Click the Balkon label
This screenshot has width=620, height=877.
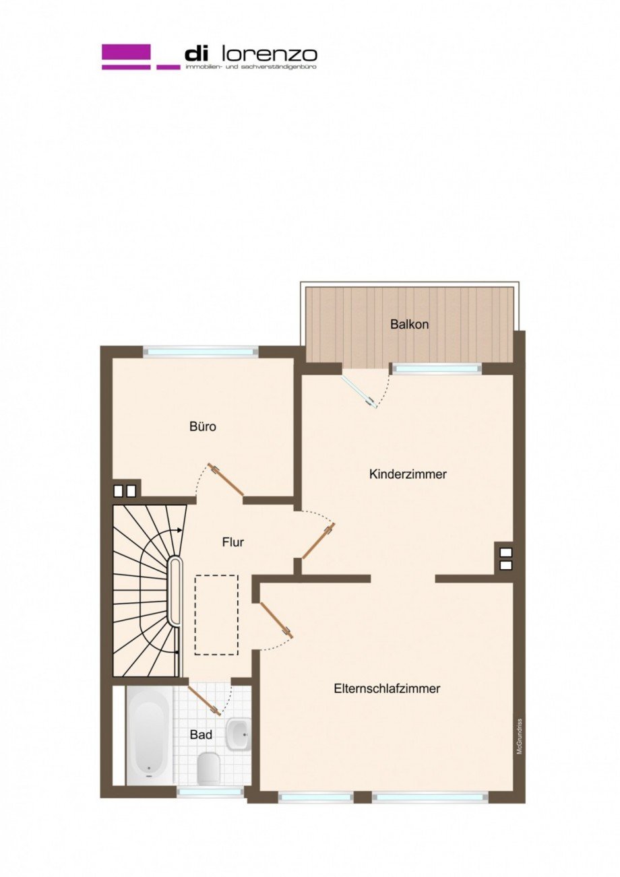pyautogui.click(x=409, y=324)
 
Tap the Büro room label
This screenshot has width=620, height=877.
pyautogui.click(x=202, y=426)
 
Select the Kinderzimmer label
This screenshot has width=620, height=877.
pyautogui.click(x=408, y=474)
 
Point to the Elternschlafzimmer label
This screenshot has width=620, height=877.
pyautogui.click(x=387, y=688)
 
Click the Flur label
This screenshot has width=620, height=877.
pyautogui.click(x=232, y=542)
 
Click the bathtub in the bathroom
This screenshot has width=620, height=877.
pyautogui.click(x=148, y=735)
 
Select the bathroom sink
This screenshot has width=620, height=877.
pyautogui.click(x=237, y=734)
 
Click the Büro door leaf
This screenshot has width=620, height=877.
pyautogui.click(x=226, y=480)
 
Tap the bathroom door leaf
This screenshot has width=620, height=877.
pyautogui.click(x=204, y=700)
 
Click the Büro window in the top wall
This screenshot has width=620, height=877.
pyautogui.click(x=201, y=351)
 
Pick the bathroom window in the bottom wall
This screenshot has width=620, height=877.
pyautogui.click(x=210, y=792)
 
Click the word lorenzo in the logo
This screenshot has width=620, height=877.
pyautogui.click(x=280, y=54)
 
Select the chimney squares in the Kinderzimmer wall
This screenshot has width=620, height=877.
pyautogui.click(x=505, y=558)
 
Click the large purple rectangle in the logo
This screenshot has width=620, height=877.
pyautogui.click(x=126, y=52)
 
